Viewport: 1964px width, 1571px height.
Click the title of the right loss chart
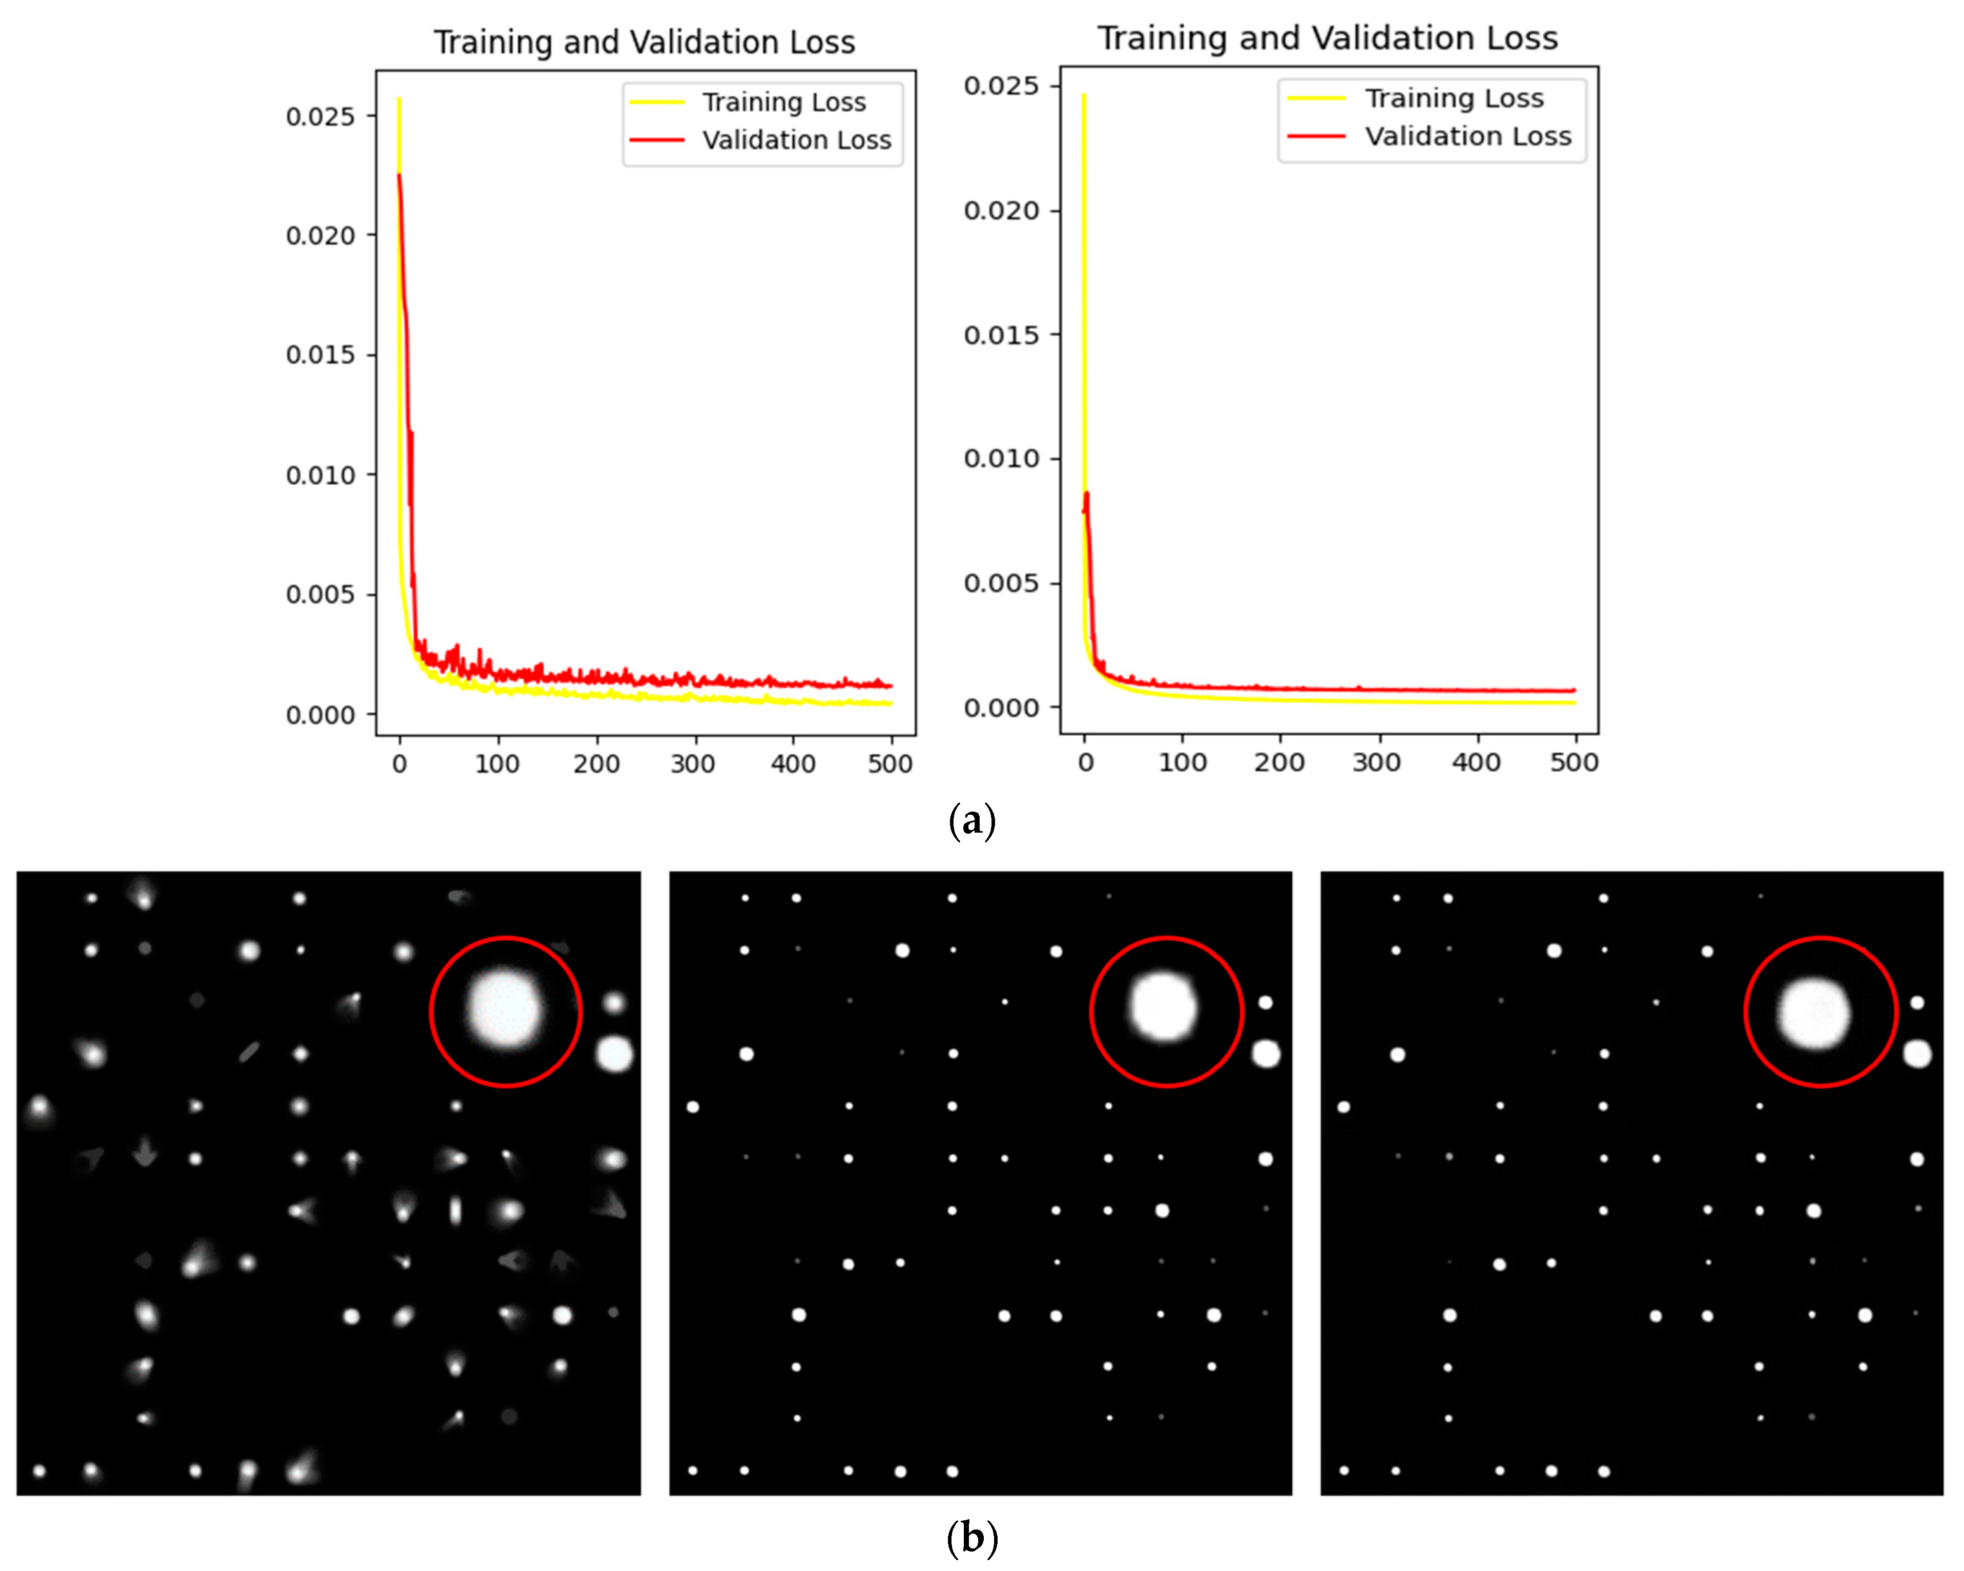(x=1327, y=38)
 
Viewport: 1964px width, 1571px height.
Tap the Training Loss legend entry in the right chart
(x=1453, y=98)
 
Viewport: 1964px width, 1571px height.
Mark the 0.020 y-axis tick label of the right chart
(x=1001, y=211)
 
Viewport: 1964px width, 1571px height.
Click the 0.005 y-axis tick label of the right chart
(x=1001, y=583)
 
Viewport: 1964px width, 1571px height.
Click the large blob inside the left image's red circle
(x=506, y=1009)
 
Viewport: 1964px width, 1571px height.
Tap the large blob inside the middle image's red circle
(x=1164, y=1007)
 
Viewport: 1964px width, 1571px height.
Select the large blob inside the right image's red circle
(x=1814, y=1012)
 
